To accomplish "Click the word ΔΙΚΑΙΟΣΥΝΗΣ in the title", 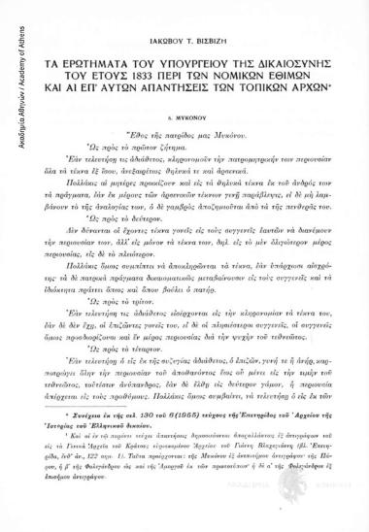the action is point(285,64).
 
